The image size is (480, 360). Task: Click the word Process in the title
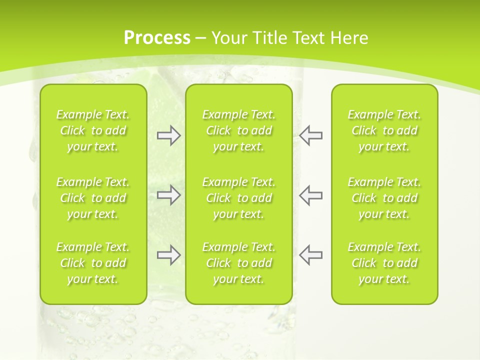click(x=157, y=38)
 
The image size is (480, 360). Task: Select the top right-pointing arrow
click(x=168, y=135)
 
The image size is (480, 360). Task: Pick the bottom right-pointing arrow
click(x=168, y=255)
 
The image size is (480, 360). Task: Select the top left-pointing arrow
click(x=310, y=135)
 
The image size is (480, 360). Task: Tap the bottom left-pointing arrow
click(x=310, y=255)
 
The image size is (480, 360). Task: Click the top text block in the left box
click(x=93, y=130)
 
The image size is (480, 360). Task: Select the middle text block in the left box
click(x=93, y=198)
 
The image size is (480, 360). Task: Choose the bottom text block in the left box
click(x=93, y=263)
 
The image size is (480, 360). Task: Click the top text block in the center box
click(x=238, y=130)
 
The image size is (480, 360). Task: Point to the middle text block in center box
click(x=238, y=198)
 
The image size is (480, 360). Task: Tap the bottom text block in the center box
click(x=238, y=263)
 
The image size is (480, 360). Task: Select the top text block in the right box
click(x=384, y=130)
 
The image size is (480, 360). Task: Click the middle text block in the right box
click(x=384, y=198)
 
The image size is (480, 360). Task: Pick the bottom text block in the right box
click(x=384, y=263)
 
